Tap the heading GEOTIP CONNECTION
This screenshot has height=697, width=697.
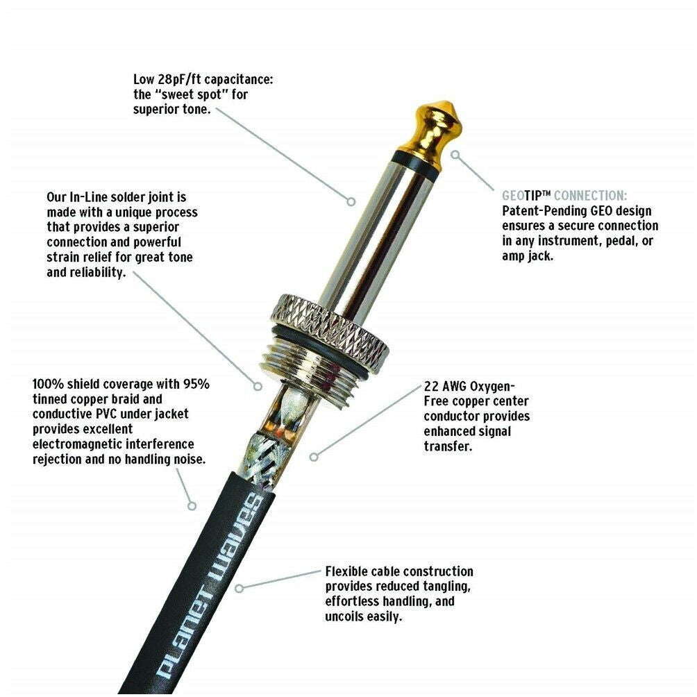click(x=564, y=196)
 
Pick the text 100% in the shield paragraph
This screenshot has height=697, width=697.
click(x=48, y=384)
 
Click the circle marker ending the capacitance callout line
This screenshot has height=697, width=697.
click(x=351, y=201)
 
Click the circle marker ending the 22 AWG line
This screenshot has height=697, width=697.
click(x=314, y=456)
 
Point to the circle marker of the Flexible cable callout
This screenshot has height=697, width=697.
click(x=240, y=587)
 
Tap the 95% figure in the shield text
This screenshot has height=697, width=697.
click(x=196, y=384)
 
